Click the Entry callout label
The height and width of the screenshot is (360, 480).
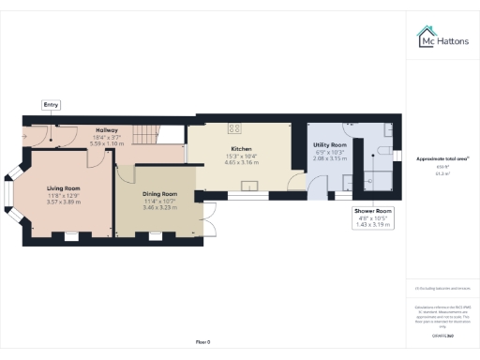[51, 105]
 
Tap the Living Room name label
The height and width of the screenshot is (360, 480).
[64, 188]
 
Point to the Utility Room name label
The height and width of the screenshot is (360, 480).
[329, 145]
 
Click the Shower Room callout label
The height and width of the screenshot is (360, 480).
[372, 213]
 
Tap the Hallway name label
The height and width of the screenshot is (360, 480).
[106, 131]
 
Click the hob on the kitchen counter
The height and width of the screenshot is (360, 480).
[233, 128]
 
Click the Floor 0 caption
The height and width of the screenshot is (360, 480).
[202, 342]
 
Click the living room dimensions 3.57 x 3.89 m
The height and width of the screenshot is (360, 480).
[64, 202]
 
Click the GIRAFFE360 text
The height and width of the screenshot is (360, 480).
[442, 336]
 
